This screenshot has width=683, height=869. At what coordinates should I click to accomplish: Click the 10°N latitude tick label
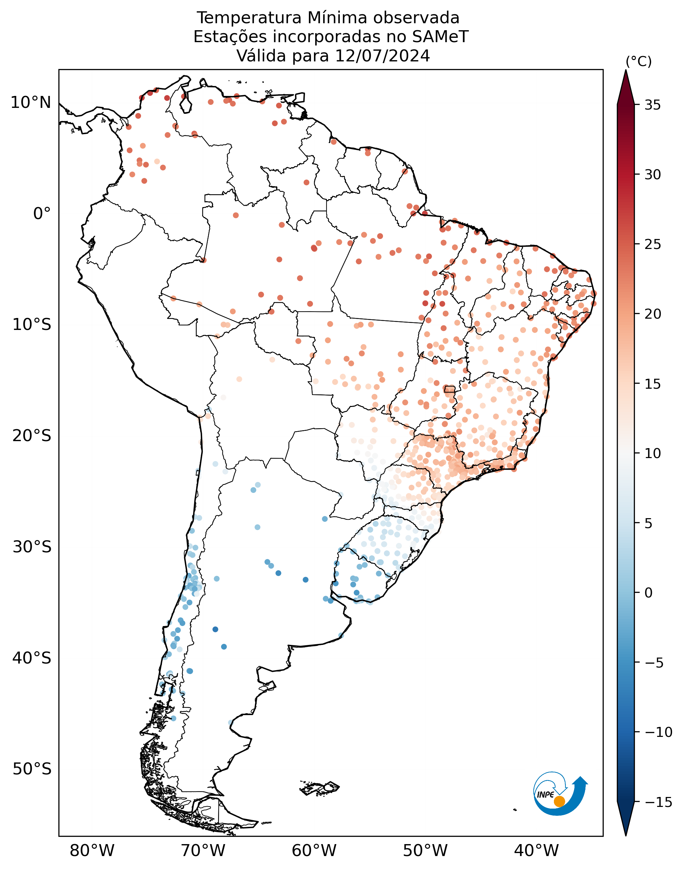[x=31, y=103]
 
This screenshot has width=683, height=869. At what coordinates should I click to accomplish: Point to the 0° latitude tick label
[x=42, y=214]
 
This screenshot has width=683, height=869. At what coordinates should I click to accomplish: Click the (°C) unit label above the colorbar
[x=639, y=62]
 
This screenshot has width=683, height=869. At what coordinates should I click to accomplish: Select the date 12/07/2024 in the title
[x=383, y=56]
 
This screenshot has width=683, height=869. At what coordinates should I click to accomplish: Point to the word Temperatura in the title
[x=249, y=18]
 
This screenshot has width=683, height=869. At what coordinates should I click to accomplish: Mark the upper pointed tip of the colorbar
[x=626, y=70]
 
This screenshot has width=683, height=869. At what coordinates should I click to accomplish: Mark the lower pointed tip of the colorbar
[x=626, y=835]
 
